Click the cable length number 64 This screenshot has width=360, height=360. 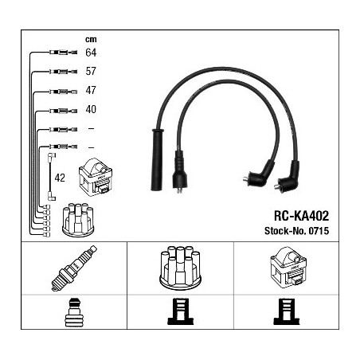point(91,53)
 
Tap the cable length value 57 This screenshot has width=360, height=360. point(91,71)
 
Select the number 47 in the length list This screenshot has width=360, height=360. point(91,90)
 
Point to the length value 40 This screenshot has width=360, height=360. point(91,109)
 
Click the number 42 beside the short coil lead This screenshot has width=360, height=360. point(60,178)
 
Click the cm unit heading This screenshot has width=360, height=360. point(91,40)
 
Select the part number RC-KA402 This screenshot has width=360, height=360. point(301,216)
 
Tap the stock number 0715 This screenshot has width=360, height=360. point(319,231)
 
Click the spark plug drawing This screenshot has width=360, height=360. point(74,268)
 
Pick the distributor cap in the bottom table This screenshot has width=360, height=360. point(180,268)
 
